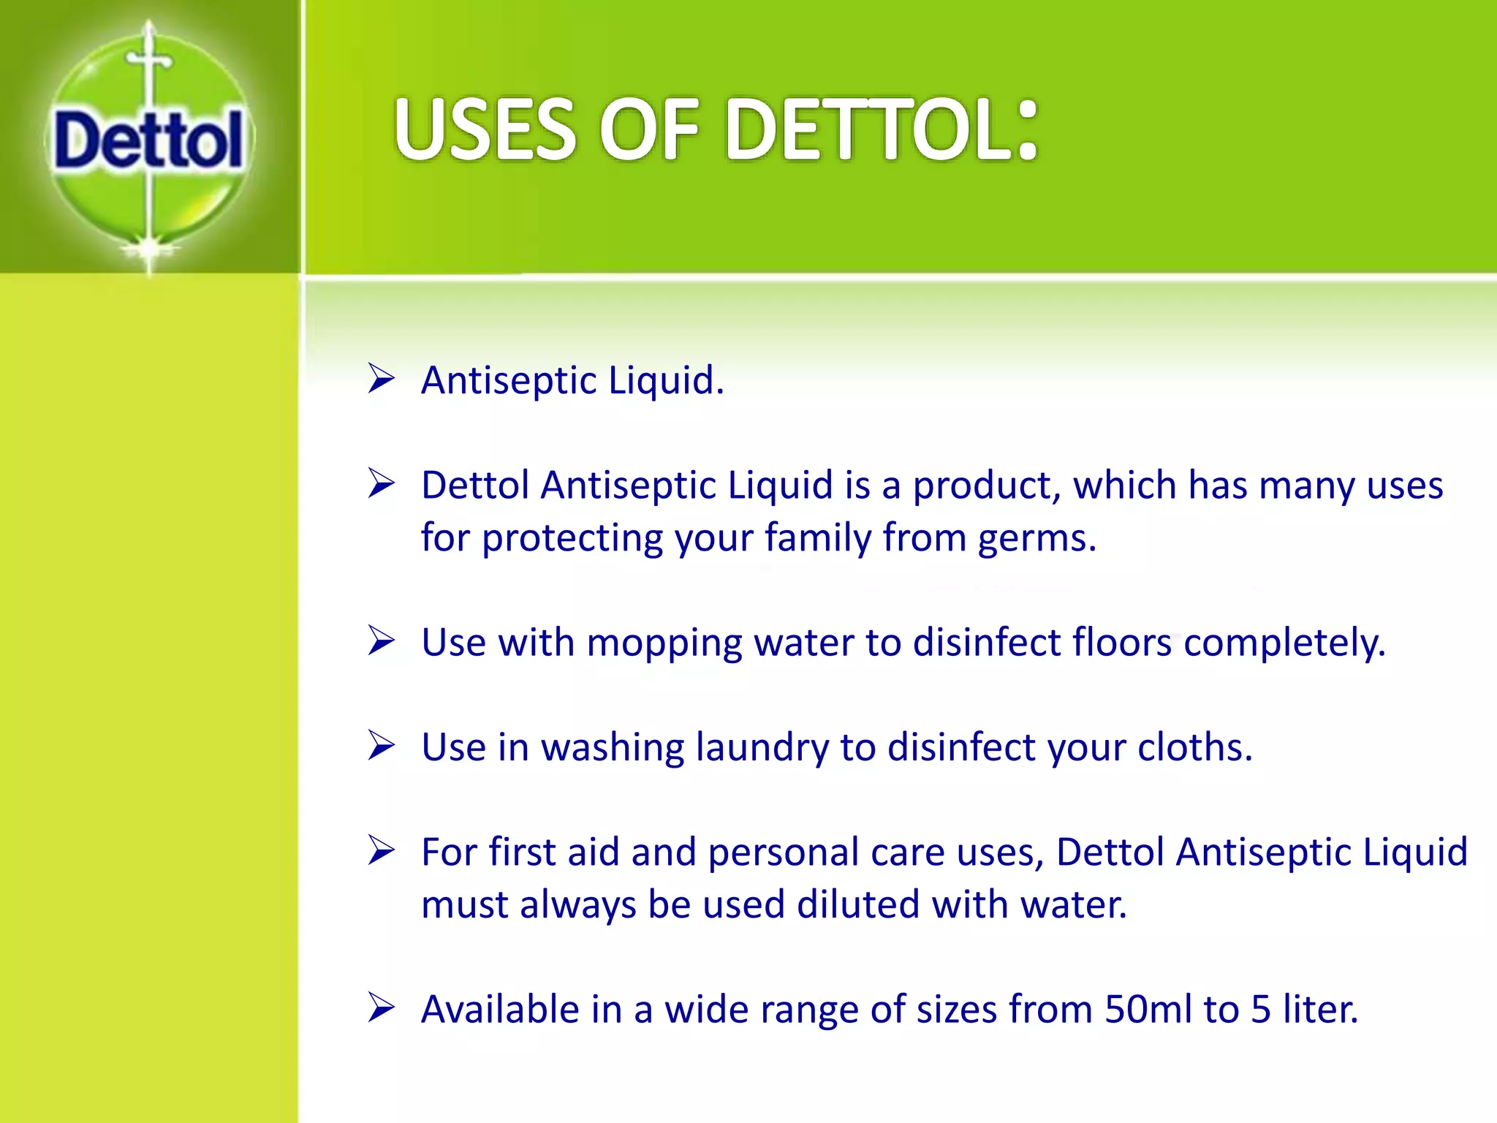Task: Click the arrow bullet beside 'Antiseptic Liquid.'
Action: point(381,379)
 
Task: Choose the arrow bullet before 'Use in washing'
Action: point(381,746)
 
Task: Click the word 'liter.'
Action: point(1320,1010)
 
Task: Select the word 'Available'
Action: point(500,1010)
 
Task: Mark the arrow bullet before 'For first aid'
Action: point(381,850)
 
